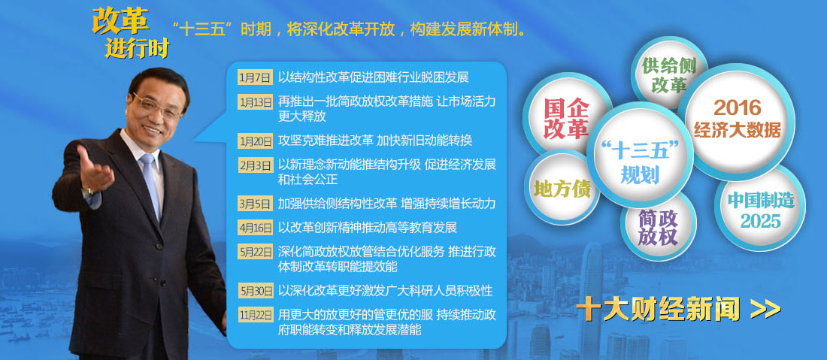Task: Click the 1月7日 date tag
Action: pyautogui.click(x=256, y=77)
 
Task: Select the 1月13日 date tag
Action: pyautogui.click(x=256, y=102)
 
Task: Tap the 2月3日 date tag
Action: pyautogui.click(x=256, y=165)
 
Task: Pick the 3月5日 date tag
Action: pyautogui.click(x=256, y=204)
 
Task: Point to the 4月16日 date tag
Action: pyautogui.click(x=256, y=228)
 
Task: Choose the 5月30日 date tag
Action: pyautogui.click(x=256, y=290)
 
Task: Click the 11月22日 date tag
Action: pyautogui.click(x=256, y=315)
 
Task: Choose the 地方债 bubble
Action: pyautogui.click(x=562, y=189)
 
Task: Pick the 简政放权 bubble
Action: pyautogui.click(x=658, y=228)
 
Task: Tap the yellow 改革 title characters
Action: pyautogui.click(x=120, y=22)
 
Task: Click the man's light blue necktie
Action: pyautogui.click(x=151, y=184)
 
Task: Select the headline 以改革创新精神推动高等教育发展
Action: pyautogui.click(x=368, y=228)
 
